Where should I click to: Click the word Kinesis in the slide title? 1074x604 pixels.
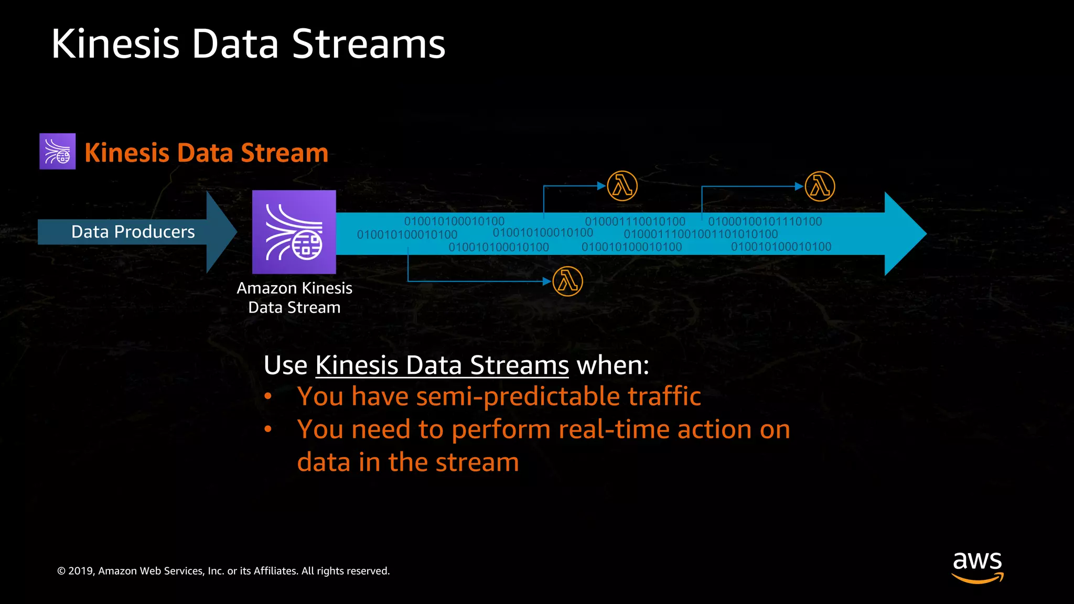pos(115,44)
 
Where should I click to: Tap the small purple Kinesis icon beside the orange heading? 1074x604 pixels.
pos(58,152)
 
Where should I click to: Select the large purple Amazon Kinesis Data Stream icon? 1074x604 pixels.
pos(294,232)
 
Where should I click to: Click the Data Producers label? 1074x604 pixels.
pos(133,232)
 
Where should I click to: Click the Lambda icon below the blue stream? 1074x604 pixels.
pos(567,282)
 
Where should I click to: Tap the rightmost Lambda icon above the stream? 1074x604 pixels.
pos(820,187)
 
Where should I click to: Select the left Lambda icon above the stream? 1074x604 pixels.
pos(622,186)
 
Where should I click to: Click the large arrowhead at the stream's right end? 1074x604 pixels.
pos(904,234)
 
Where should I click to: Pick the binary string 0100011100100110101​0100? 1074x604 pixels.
pos(701,234)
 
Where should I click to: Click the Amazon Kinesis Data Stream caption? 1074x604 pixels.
pos(294,298)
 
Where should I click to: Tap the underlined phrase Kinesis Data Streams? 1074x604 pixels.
pos(442,365)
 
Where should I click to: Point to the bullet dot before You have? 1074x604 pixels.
pos(268,397)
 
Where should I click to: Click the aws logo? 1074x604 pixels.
pos(978,566)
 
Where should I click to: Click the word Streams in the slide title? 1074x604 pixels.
pos(368,44)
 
